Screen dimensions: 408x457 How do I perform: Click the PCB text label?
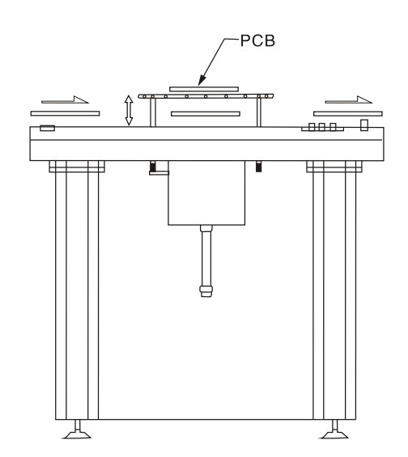(x=257, y=40)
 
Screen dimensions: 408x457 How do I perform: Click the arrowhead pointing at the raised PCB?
(x=202, y=80)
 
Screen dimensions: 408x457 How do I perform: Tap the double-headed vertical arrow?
(x=129, y=111)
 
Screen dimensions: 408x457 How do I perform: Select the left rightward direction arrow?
(x=65, y=99)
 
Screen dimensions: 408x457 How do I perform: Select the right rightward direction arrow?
(x=348, y=99)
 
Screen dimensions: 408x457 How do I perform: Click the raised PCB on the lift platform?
(x=204, y=89)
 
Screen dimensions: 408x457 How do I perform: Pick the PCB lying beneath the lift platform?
(x=206, y=114)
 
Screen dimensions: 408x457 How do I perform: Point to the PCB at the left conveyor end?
(x=65, y=113)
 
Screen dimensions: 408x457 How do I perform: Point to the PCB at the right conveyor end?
(x=348, y=113)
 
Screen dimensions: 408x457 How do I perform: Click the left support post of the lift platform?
(x=153, y=112)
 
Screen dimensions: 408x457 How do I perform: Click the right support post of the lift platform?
(x=259, y=112)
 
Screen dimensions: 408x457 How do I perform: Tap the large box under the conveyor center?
(x=206, y=193)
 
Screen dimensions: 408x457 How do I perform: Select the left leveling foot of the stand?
(x=77, y=429)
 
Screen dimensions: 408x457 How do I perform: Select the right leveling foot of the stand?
(x=334, y=429)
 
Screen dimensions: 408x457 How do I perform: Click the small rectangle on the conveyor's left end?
(x=47, y=128)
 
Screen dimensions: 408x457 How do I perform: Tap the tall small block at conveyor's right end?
(x=364, y=125)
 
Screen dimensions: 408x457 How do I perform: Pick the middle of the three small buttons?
(x=322, y=126)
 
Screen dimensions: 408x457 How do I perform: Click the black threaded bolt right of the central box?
(x=259, y=167)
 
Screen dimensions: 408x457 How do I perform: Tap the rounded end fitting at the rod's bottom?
(x=206, y=291)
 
